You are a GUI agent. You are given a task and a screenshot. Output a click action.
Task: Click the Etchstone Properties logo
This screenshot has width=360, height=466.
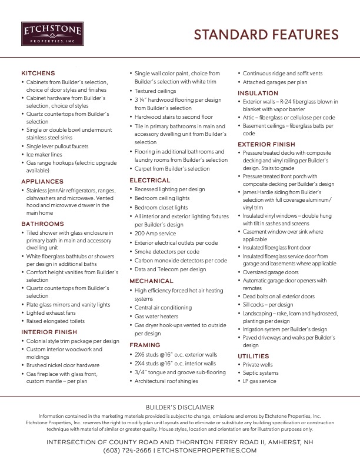[52, 34]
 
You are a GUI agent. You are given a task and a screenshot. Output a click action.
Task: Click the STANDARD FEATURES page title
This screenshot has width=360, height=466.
[266, 34]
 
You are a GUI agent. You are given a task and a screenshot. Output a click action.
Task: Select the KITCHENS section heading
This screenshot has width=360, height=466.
[38, 73]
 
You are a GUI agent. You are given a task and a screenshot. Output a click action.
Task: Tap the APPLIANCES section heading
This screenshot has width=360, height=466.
[42, 182]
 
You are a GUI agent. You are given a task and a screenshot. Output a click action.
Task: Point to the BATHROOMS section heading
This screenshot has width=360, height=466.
[42, 224]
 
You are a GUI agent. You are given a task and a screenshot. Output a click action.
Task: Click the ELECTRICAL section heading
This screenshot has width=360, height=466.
[150, 180]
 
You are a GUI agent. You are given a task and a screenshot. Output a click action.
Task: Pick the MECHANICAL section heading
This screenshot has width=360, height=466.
[152, 281]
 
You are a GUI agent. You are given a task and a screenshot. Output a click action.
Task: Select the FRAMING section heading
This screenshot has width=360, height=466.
[145, 345]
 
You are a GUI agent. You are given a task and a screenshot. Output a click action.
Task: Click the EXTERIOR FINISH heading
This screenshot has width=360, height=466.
[266, 144]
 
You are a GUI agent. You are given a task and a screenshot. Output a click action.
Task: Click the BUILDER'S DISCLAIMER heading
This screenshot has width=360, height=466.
[180, 407]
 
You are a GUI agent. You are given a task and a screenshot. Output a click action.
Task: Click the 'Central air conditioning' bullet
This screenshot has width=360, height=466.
[163, 307]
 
